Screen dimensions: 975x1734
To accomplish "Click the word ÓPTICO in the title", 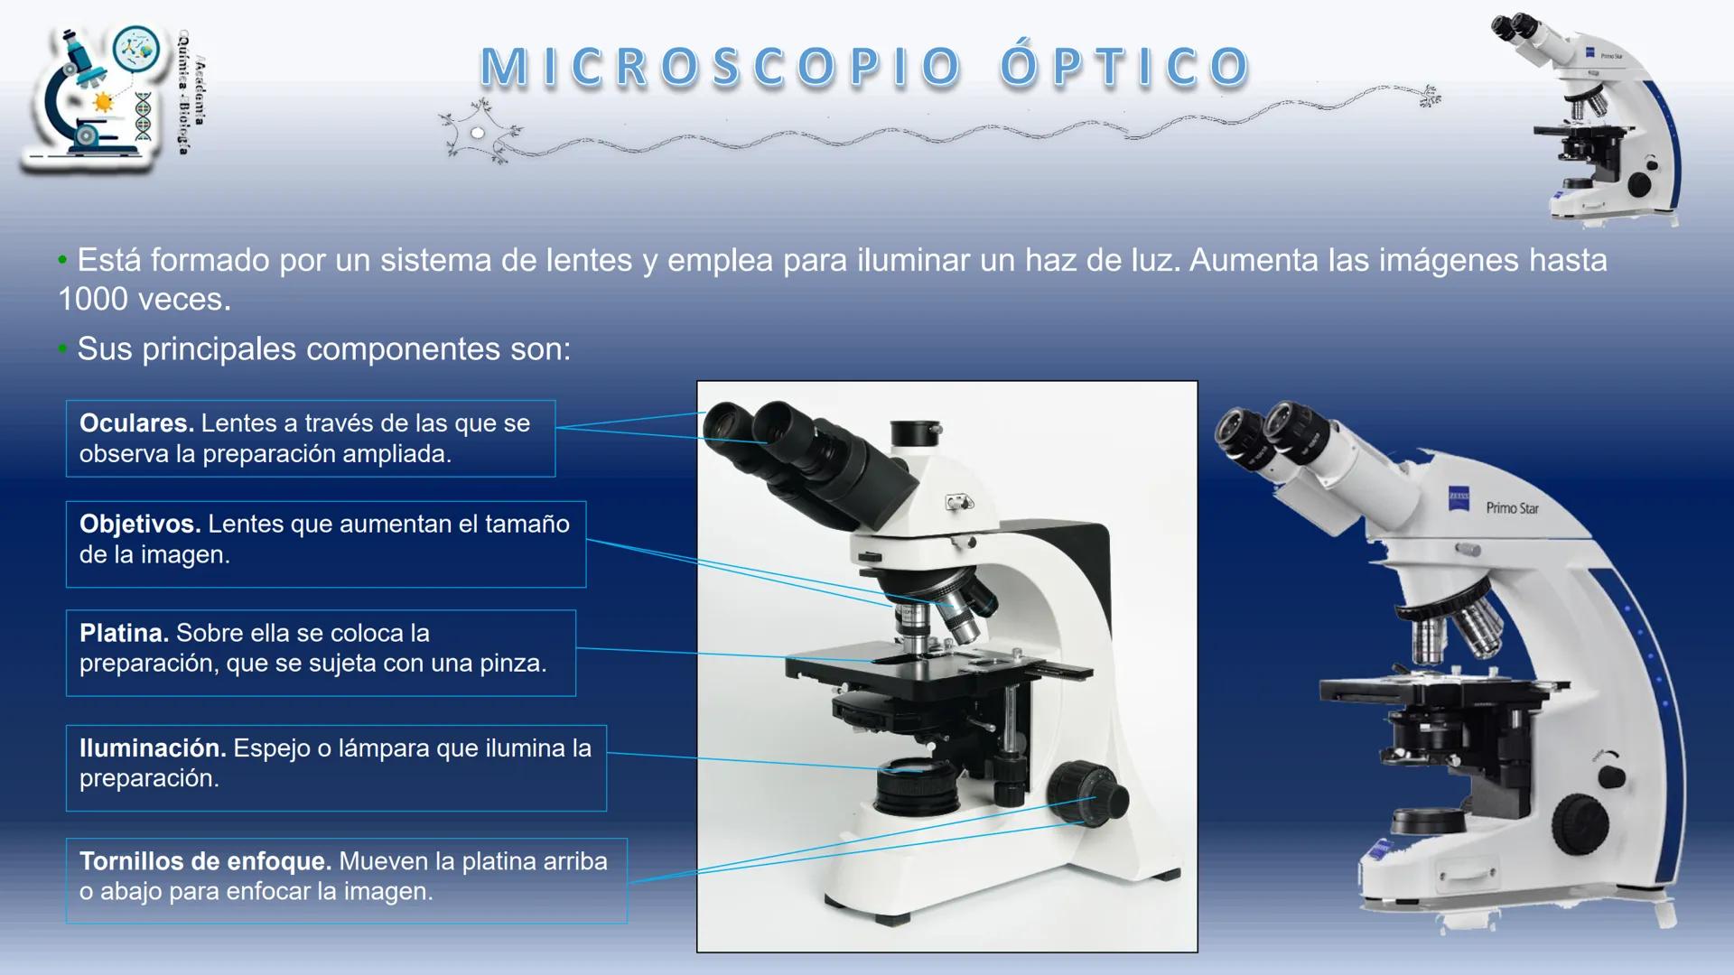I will [x=1124, y=68].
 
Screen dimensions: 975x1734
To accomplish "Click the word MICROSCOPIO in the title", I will [x=722, y=68].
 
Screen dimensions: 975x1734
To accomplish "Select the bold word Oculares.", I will [x=136, y=423].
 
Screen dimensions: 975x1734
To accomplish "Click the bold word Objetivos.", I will [x=140, y=524].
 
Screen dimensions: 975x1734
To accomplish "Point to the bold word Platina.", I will [x=124, y=633].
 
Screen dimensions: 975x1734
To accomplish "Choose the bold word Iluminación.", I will [x=153, y=747].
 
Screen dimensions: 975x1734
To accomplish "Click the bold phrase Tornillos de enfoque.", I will [x=205, y=861].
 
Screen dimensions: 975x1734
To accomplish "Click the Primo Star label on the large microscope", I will [x=1512, y=508].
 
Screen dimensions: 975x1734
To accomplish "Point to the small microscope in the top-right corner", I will [x=1589, y=117].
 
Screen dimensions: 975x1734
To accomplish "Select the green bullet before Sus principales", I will [x=62, y=349].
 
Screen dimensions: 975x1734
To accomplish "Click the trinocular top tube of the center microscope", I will [x=916, y=433].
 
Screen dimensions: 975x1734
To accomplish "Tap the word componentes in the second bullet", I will [x=403, y=349].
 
